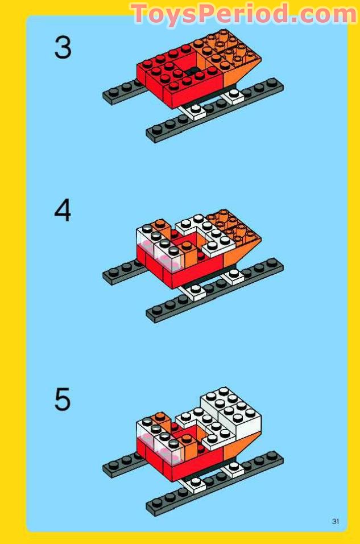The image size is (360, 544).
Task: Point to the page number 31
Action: point(336,521)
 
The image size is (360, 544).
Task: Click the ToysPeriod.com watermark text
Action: point(245,14)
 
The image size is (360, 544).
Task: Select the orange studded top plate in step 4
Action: point(233,225)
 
